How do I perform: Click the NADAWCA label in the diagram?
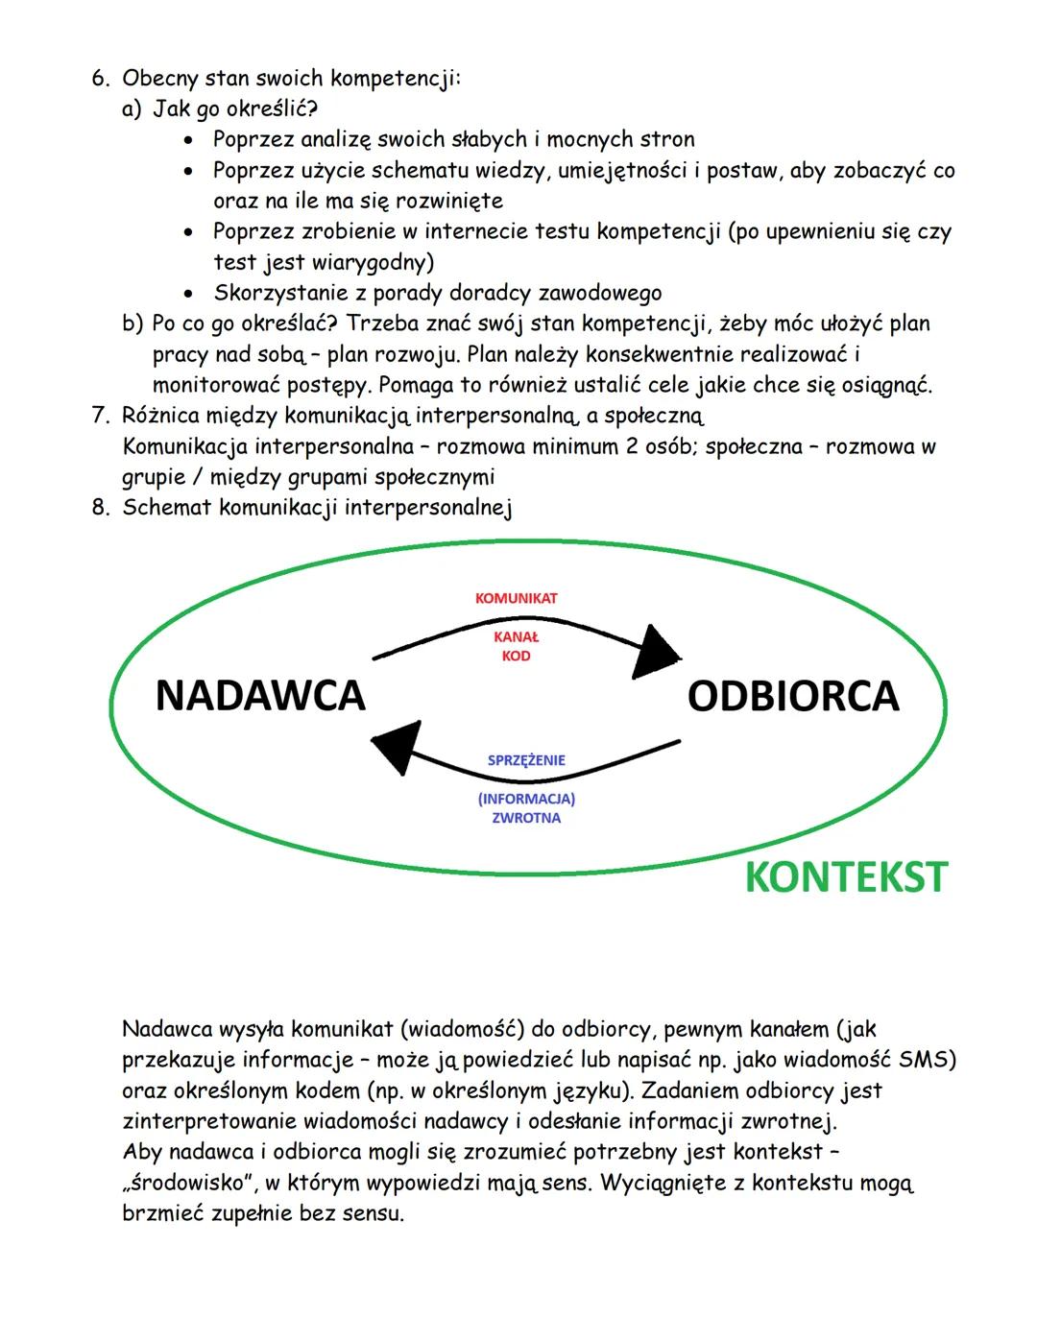point(260,695)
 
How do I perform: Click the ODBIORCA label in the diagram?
point(793,696)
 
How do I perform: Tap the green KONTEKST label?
point(846,877)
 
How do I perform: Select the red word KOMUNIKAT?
point(516,598)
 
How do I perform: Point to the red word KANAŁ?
point(516,636)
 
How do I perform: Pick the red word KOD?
point(516,657)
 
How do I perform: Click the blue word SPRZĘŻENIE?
point(526,760)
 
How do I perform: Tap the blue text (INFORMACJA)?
point(526,799)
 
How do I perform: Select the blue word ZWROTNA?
point(526,819)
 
